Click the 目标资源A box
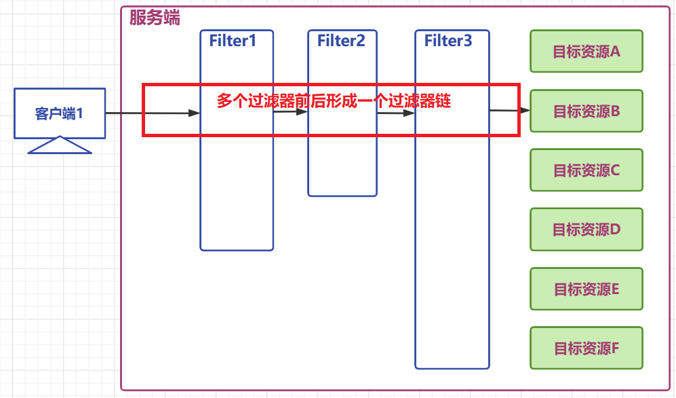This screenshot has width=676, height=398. coord(586,51)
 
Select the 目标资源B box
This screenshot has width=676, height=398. coord(586,111)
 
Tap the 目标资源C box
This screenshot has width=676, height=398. coord(586,170)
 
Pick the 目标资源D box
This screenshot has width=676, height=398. coord(586,230)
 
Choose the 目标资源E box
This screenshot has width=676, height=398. coord(586,289)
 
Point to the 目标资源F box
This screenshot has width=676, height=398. coord(586,348)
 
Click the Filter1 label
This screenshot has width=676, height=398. coord(233,41)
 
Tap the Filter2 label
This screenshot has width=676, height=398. coord(341,41)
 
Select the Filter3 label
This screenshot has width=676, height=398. coord(448,41)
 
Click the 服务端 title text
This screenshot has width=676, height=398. coord(155,18)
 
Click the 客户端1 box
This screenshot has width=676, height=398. coord(60,113)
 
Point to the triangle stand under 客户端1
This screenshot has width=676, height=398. coord(60,145)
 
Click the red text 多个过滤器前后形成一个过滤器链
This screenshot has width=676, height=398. coord(334,101)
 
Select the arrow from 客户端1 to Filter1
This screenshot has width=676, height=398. coord(153,113)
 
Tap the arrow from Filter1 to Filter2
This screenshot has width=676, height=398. coord(290,113)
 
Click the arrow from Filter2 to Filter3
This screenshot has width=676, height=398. coord(396,113)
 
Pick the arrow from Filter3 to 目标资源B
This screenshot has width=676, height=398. coord(509,110)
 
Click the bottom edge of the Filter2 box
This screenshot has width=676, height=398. coord(342,196)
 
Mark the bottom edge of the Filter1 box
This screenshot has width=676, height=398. coord(237,250)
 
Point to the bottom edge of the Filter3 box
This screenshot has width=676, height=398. coord(452,368)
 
